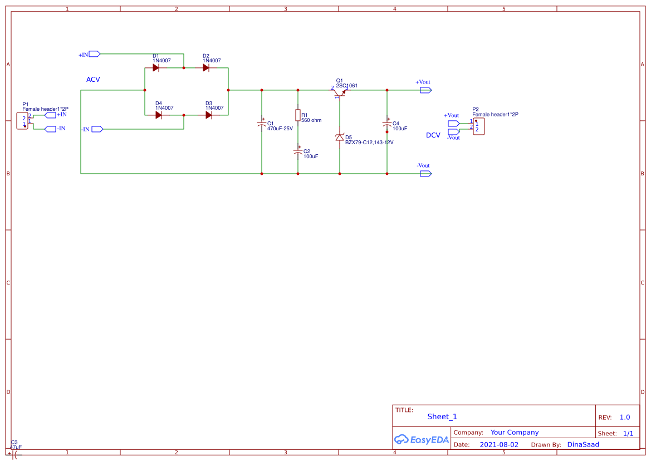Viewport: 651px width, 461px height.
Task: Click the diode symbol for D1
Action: coord(156,68)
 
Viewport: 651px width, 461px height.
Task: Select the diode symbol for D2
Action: coord(206,68)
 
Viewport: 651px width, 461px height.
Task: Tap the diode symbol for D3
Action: coord(209,115)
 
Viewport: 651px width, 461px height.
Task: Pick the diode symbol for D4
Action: coord(159,115)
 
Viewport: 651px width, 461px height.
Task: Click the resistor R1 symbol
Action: coord(298,115)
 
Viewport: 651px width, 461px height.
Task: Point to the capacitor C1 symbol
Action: coord(262,123)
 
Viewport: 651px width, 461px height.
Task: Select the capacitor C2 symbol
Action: coord(298,151)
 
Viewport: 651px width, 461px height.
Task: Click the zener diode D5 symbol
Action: coord(340,137)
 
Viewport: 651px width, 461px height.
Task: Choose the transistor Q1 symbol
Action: coord(340,94)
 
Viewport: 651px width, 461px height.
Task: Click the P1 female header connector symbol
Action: coord(22,121)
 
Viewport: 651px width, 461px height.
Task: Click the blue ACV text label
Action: coord(93,80)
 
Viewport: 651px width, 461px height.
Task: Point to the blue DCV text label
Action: coord(433,135)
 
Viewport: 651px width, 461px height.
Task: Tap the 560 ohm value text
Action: coord(311,120)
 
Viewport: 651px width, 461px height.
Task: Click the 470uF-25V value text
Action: coord(280,129)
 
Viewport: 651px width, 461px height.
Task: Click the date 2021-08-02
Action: coord(499,445)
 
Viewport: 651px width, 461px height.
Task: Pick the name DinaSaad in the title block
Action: coord(583,445)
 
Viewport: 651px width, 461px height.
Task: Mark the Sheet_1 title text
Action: coord(442,416)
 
